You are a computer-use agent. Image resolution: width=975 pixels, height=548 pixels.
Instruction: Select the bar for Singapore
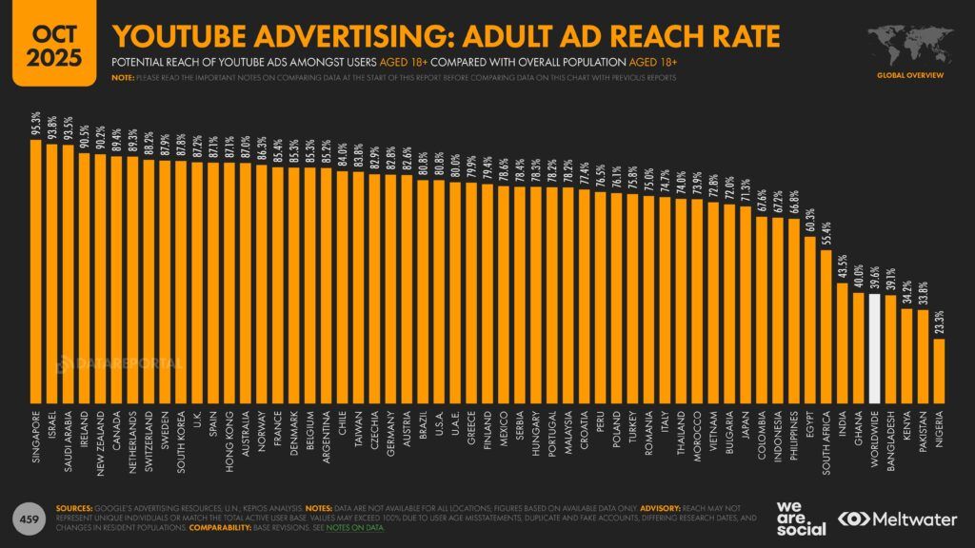36,276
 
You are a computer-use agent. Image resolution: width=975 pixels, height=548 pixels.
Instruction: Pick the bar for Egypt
810,323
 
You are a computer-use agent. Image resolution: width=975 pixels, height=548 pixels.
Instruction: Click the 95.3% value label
36,124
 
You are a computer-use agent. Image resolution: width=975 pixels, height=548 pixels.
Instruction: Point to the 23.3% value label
939,322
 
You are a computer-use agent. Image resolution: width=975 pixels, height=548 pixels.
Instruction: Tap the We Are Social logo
797,519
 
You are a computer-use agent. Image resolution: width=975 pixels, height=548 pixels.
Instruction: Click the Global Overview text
908,73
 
